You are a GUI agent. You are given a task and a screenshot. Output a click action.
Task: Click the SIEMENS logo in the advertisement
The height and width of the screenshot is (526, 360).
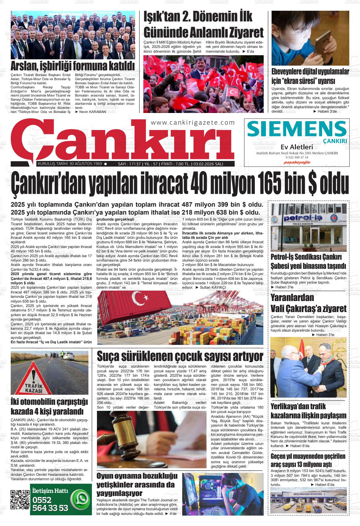coord(297,129)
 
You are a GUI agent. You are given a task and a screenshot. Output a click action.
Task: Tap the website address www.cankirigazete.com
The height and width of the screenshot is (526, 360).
coord(193,123)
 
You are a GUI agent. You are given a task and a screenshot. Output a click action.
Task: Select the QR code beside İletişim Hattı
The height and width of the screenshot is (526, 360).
coord(20,499)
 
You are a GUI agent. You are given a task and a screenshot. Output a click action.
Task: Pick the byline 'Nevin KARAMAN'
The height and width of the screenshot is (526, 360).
coord(93,112)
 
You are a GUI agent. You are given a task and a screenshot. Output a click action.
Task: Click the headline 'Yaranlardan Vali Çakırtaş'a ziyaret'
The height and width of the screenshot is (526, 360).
coord(308,303)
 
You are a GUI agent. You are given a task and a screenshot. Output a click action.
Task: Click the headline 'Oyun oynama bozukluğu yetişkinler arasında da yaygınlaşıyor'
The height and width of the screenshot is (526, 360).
coord(137,484)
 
